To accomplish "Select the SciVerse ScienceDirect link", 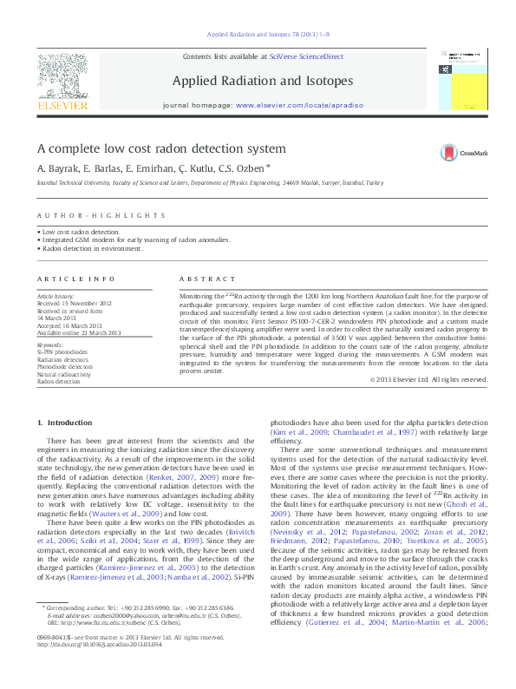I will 306,56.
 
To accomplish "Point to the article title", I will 161,148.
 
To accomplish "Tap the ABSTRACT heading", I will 207,279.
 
